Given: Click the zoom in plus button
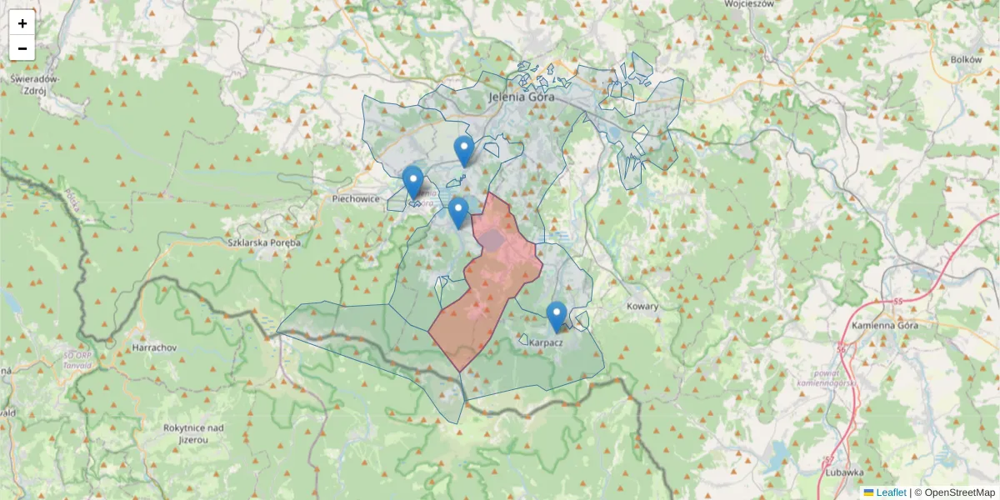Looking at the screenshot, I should [x=22, y=23].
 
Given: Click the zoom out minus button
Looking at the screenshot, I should [x=22, y=48].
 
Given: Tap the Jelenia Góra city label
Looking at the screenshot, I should [x=521, y=97].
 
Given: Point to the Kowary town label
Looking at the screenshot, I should [x=642, y=306].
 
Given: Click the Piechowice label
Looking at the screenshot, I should [x=356, y=199].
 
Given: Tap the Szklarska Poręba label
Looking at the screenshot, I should [x=264, y=242].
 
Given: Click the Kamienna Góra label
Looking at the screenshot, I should [x=884, y=325].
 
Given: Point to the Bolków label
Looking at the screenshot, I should [x=967, y=60].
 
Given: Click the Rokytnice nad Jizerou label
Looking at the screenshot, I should [x=193, y=433].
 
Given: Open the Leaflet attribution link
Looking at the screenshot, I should [x=890, y=492].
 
